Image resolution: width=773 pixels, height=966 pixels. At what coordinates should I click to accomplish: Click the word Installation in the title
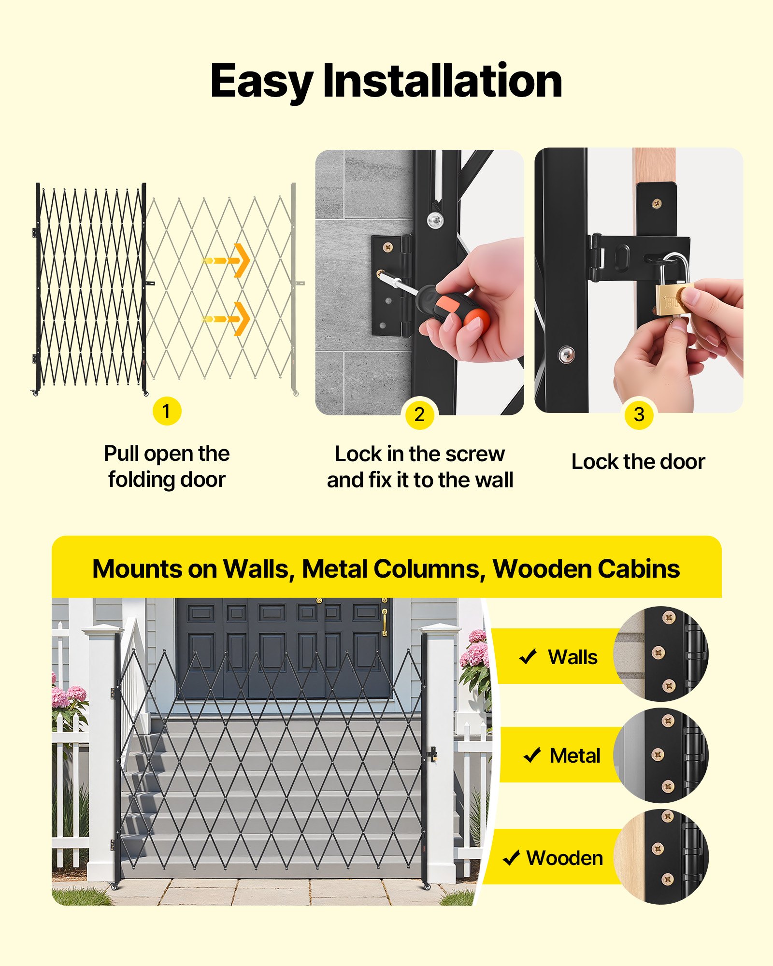[x=442, y=81]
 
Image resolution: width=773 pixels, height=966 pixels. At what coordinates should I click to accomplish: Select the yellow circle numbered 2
[x=419, y=414]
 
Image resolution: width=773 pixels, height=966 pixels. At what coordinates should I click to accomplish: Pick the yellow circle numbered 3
[x=639, y=414]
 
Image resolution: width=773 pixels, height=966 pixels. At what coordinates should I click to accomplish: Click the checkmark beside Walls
[x=528, y=657]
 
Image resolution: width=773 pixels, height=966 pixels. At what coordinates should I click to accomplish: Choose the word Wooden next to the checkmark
[x=564, y=858]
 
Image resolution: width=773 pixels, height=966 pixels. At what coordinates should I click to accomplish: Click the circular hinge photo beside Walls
[x=661, y=653]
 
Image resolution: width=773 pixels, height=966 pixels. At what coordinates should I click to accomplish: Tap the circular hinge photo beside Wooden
[x=661, y=856]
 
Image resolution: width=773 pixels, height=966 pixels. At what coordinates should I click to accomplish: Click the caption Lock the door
[x=638, y=462]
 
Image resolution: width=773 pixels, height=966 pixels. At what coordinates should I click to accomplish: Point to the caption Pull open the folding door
[x=167, y=467]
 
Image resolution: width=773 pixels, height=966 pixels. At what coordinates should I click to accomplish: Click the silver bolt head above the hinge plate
[x=435, y=220]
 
